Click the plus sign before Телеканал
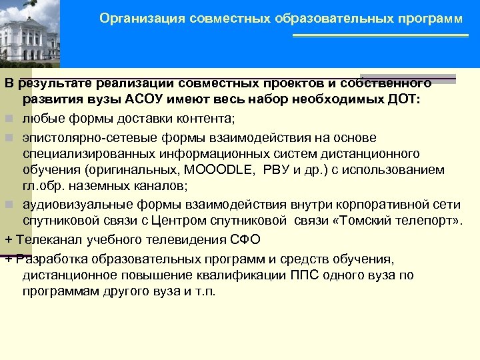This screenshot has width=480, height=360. click(8, 239)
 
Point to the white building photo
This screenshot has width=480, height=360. click(29, 33)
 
